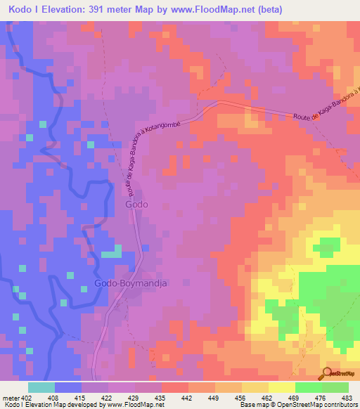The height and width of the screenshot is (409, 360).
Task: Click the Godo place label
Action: pyautogui.click(x=136, y=204)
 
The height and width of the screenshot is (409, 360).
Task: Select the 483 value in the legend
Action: pyautogui.click(x=348, y=397)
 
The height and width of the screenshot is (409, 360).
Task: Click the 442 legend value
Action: pyautogui.click(x=188, y=397)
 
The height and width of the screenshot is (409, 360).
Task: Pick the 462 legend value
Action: pyautogui.click(x=269, y=397)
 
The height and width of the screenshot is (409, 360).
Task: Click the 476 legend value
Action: pyautogui.click(x=321, y=397)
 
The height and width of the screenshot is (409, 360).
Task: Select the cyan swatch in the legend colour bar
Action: pyautogui.click(x=41, y=387)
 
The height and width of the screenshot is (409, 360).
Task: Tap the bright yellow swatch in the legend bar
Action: pyautogui.click(x=281, y=387)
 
